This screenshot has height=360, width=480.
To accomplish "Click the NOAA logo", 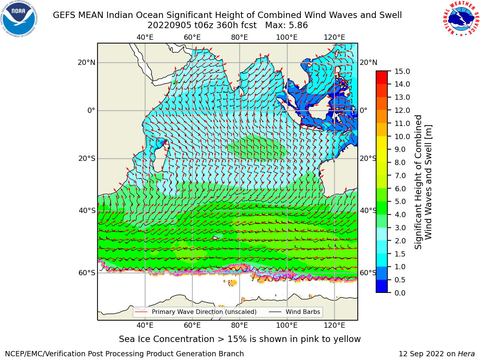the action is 19,19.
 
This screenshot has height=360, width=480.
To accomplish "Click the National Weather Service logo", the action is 460,19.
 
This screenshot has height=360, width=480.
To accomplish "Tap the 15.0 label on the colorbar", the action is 402,71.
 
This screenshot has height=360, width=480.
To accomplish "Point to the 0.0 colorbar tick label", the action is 400,293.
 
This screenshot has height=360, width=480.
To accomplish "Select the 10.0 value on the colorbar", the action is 402,136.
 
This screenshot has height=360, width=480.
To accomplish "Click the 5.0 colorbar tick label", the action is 400,201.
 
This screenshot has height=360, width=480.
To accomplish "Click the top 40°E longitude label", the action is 145,37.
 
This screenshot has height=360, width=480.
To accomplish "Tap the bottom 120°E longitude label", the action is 334,325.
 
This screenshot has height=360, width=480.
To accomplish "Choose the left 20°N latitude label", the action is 87,63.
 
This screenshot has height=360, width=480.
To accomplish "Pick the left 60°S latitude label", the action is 87,273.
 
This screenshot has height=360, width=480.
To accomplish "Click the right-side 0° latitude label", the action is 363,110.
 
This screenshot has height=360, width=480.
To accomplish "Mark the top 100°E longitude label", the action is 287,37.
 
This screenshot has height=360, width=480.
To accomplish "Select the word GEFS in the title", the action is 64,15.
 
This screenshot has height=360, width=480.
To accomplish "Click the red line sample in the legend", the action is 141,312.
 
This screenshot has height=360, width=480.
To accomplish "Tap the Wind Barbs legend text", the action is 303,312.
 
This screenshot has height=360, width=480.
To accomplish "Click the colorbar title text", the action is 423,182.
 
